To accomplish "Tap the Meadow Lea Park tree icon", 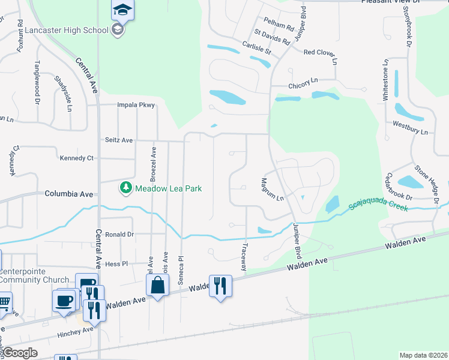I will (x=125, y=188).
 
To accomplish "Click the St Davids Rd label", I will (x=273, y=37).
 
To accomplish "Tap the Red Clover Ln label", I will (x=321, y=53).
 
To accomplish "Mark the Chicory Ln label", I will (x=303, y=86).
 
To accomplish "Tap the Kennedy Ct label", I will (x=77, y=158).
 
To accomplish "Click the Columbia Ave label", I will (x=69, y=194).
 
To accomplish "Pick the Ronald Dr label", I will (x=119, y=234).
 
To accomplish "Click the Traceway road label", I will (x=244, y=257).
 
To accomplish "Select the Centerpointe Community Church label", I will (x=35, y=275).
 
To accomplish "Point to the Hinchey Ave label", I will (x=76, y=329).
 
